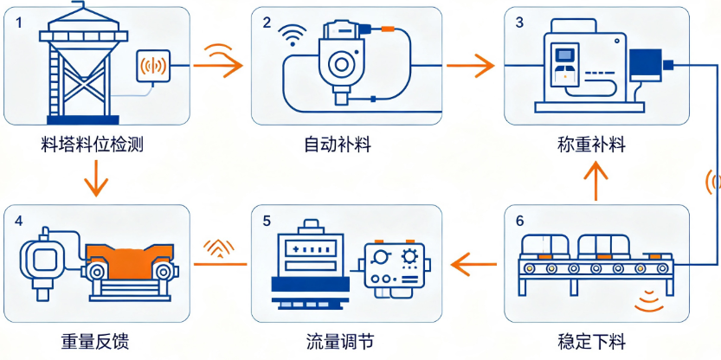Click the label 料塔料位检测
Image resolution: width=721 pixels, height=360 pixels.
[92, 146]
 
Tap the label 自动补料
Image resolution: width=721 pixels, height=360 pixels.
[338, 145]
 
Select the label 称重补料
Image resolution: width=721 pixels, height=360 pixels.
[591, 145]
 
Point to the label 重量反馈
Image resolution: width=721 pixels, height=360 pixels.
[95, 342]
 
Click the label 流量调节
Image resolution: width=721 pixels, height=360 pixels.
[340, 342]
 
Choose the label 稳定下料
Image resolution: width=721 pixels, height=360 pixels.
[591, 342]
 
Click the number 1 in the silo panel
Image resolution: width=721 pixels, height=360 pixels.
[18, 22]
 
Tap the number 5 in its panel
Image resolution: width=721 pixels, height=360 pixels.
[267, 222]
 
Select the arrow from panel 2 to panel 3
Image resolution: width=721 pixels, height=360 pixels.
[470, 65]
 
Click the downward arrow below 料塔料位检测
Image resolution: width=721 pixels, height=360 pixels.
[97, 178]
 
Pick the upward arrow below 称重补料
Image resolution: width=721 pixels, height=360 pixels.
[595, 181]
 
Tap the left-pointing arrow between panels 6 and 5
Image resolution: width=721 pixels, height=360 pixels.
[474, 264]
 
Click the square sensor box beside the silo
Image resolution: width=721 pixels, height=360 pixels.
[154, 67]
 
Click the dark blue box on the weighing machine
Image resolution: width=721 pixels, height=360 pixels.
[646, 65]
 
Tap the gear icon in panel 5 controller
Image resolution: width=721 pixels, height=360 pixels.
[408, 255]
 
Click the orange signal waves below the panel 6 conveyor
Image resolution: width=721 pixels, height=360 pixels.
[650, 301]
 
